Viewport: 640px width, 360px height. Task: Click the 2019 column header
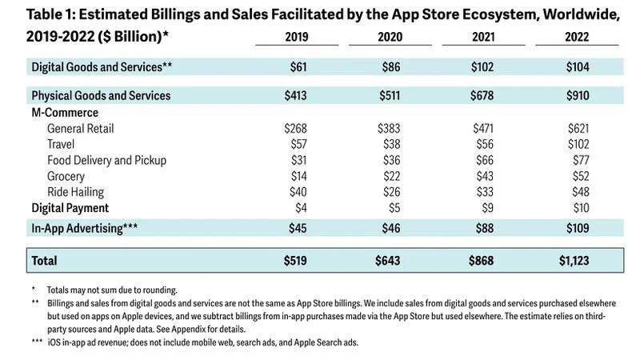click(x=296, y=36)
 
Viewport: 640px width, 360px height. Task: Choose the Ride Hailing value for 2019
click(x=296, y=192)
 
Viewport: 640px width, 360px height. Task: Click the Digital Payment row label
click(x=70, y=208)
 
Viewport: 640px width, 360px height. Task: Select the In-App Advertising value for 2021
click(x=482, y=229)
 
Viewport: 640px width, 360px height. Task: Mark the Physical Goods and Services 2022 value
click(x=576, y=95)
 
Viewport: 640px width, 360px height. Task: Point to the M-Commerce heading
click(x=65, y=113)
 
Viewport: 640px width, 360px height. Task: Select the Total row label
click(x=44, y=261)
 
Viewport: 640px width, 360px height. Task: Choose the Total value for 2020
click(x=390, y=261)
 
